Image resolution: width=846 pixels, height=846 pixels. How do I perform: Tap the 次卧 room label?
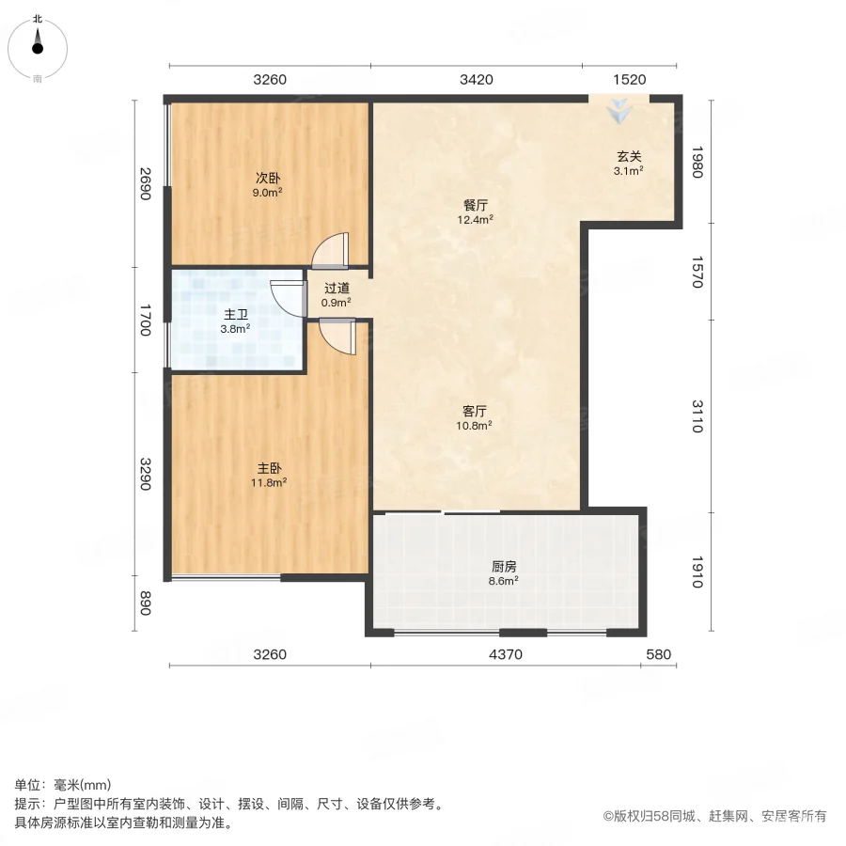click(268, 178)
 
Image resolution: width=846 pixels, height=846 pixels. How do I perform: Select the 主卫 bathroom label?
click(235, 315)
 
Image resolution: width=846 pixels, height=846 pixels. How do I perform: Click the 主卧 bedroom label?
click(269, 468)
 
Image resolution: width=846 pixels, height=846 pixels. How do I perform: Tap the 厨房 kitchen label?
click(505, 567)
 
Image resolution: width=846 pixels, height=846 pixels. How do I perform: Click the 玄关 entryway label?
click(628, 157)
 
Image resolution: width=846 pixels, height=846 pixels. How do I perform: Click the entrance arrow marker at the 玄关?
click(618, 112)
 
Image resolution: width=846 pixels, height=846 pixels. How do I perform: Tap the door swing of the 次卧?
click(332, 249)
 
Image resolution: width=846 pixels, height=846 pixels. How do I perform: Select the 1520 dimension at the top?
click(629, 80)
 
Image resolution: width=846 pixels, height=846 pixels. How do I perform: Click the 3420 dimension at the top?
click(477, 80)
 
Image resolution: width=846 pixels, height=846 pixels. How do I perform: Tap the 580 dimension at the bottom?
click(659, 654)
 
